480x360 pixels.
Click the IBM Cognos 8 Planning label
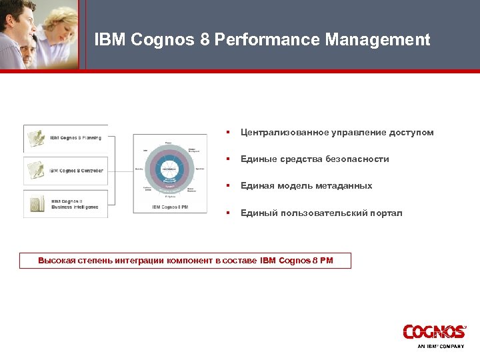[x=75, y=138]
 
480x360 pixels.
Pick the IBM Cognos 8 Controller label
[x=76, y=171]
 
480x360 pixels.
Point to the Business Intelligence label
[x=75, y=207]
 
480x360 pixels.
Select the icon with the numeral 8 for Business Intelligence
[x=36, y=203]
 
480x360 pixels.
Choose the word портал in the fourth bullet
[x=386, y=213]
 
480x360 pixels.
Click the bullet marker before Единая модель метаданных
[x=228, y=186]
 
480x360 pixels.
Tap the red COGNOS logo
[x=434, y=332]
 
